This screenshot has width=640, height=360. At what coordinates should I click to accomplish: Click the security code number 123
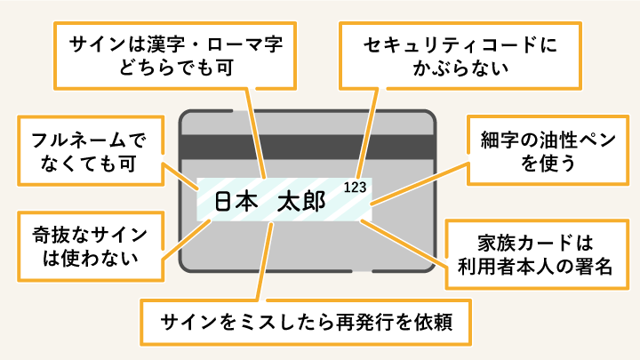click(x=355, y=187)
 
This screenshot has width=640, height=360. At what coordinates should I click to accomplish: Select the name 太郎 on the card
click(x=301, y=202)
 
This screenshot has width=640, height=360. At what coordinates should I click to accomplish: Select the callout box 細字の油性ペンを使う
click(x=536, y=151)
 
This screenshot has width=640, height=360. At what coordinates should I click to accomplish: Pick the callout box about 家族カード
click(x=536, y=254)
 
